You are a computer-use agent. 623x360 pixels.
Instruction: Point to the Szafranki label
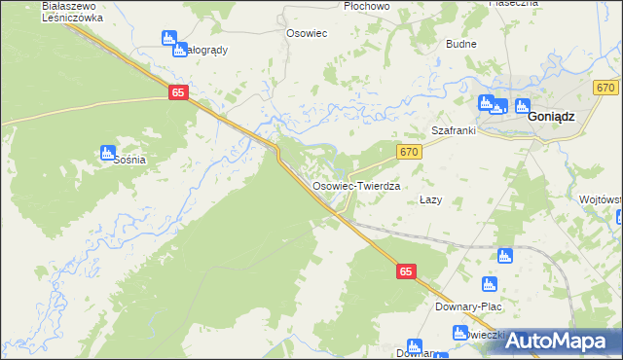(452, 130)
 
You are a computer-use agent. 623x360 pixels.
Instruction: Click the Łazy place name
(431, 199)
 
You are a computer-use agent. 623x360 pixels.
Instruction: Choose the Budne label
(460, 44)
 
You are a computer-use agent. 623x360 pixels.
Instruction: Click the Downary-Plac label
(467, 306)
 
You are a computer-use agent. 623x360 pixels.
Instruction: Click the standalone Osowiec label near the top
(306, 32)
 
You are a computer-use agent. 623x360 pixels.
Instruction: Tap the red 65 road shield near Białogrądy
(177, 91)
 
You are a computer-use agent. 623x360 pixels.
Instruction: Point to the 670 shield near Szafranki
(409, 151)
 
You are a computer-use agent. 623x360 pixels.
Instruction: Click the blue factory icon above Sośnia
(108, 152)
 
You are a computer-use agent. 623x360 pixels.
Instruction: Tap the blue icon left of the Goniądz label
(523, 107)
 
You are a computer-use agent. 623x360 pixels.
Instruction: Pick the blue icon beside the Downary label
(414, 346)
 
